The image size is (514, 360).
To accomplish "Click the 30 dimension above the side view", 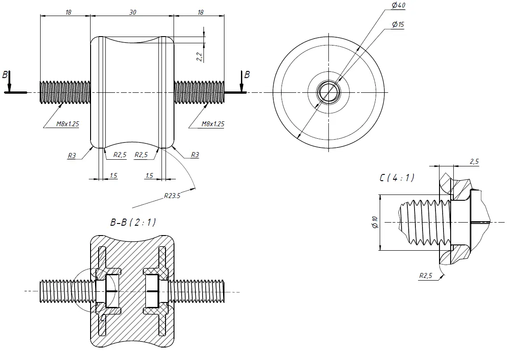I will pyautogui.click(x=133, y=12).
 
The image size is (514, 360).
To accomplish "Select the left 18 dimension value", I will pyautogui.click(x=68, y=12).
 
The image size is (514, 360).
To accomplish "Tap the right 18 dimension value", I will pyautogui.click(x=200, y=12).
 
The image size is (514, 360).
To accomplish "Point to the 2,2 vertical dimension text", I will pyautogui.click(x=199, y=56).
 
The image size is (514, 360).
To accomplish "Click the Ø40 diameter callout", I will pyautogui.click(x=398, y=5).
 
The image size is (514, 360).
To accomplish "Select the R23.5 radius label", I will pyautogui.click(x=172, y=195).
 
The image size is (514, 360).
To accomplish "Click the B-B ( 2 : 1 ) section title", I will pyautogui.click(x=133, y=222).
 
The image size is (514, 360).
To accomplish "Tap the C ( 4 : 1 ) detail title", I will pyautogui.click(x=397, y=178).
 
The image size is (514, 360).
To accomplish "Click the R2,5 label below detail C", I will pyautogui.click(x=426, y=276).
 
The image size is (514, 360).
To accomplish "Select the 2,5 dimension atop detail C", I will pyautogui.click(x=474, y=161).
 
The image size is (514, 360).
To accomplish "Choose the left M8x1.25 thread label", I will pyautogui.click(x=67, y=124).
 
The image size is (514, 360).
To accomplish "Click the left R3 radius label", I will pyautogui.click(x=71, y=155).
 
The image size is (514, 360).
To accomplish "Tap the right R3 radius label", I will pyautogui.click(x=195, y=155).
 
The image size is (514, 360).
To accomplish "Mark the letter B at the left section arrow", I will pyautogui.click(x=5, y=75).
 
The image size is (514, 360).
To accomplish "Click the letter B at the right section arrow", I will pyautogui.click(x=247, y=75).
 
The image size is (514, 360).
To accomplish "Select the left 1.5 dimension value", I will pyautogui.click(x=113, y=176).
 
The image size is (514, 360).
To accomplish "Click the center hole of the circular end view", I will pyautogui.click(x=328, y=92).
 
